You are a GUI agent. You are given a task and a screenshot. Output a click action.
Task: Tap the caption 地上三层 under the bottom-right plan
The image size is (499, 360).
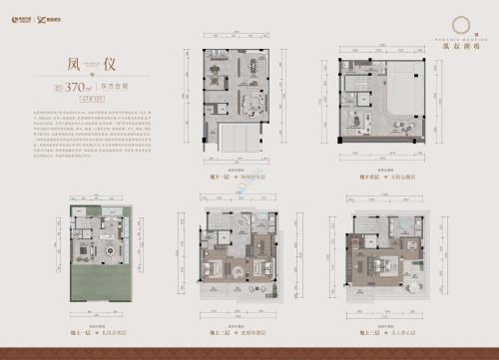[376, 333]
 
